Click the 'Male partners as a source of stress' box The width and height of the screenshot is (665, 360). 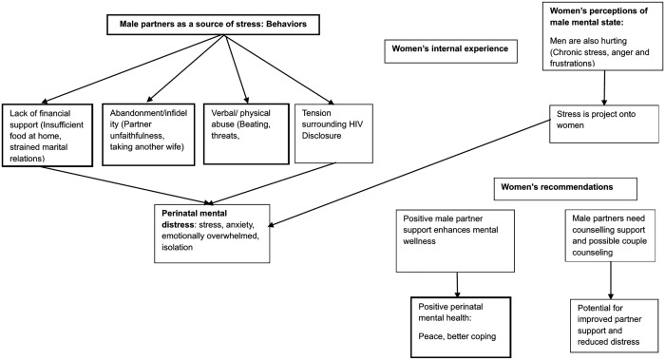(x=213, y=24)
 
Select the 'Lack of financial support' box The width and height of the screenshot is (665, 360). (x=47, y=135)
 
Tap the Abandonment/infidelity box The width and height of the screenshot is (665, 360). (x=148, y=134)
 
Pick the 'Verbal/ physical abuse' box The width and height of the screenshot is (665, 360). (x=246, y=134)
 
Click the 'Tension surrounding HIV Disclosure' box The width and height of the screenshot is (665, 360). (x=333, y=133)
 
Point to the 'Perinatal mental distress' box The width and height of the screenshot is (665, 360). (x=212, y=234)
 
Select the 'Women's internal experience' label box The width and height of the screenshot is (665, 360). (x=451, y=51)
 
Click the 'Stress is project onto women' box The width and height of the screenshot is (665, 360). (x=604, y=123)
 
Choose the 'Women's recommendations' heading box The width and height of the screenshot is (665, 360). (x=565, y=189)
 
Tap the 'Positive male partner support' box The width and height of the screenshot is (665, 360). (x=455, y=240)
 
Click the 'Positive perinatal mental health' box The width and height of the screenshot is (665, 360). (x=461, y=327)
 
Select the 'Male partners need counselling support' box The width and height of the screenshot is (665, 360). (x=610, y=236)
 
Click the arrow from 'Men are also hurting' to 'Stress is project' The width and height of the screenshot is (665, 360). (x=604, y=87)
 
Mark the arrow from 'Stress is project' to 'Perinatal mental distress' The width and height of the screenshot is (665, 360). (x=408, y=174)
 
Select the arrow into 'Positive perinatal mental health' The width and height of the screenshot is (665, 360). (x=457, y=285)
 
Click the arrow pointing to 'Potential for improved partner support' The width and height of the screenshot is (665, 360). (x=611, y=281)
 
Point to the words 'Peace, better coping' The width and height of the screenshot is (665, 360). (x=457, y=336)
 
